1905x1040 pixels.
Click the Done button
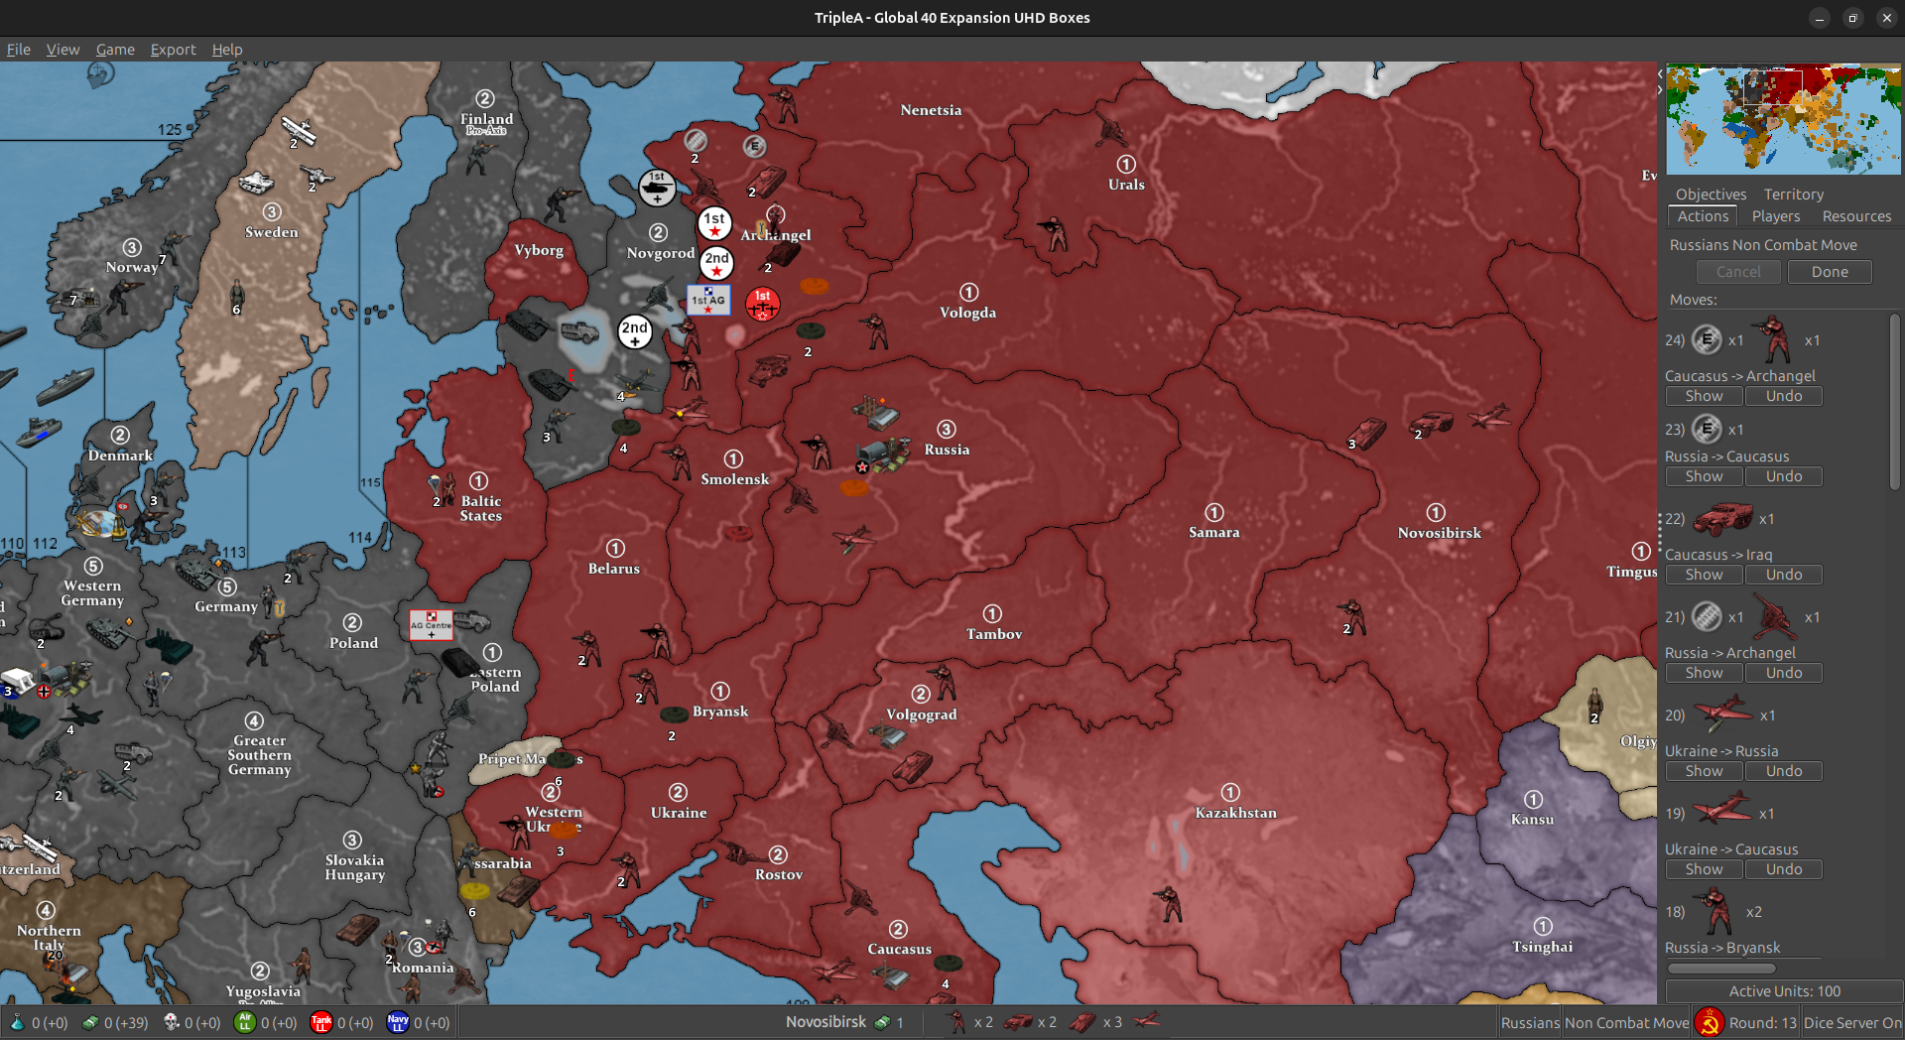[1829, 272]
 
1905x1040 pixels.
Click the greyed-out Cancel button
[1738, 272]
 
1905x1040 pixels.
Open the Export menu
[173, 50]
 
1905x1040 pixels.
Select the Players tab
[1775, 216]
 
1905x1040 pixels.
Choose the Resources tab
[1856, 216]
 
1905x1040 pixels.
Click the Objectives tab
[1711, 195]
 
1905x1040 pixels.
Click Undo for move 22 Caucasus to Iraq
[1783, 575]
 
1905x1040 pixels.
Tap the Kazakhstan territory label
[1235, 813]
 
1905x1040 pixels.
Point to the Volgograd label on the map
[921, 715]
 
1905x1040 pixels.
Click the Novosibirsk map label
[1439, 533]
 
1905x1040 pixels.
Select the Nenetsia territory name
[931, 110]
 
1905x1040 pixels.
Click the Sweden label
[271, 232]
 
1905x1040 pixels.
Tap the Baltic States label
[480, 508]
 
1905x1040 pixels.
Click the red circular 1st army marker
[762, 304]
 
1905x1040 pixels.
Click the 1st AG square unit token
[708, 300]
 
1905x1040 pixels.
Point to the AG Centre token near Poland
[431, 624]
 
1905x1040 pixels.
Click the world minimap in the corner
[1783, 119]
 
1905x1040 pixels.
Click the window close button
[1886, 18]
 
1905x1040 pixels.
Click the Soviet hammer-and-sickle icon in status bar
[1709, 1022]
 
